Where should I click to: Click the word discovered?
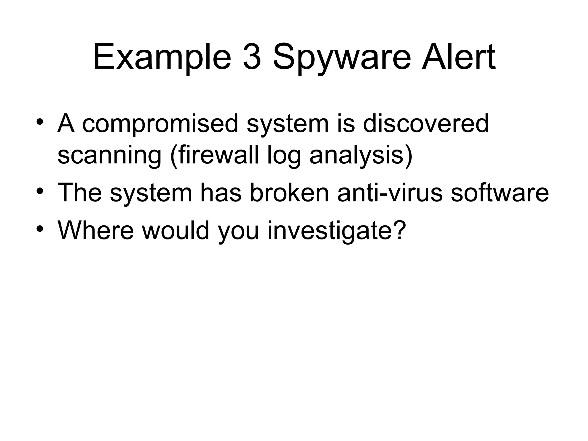pos(426,123)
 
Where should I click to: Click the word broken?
pos(289,193)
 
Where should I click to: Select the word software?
pos(500,193)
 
